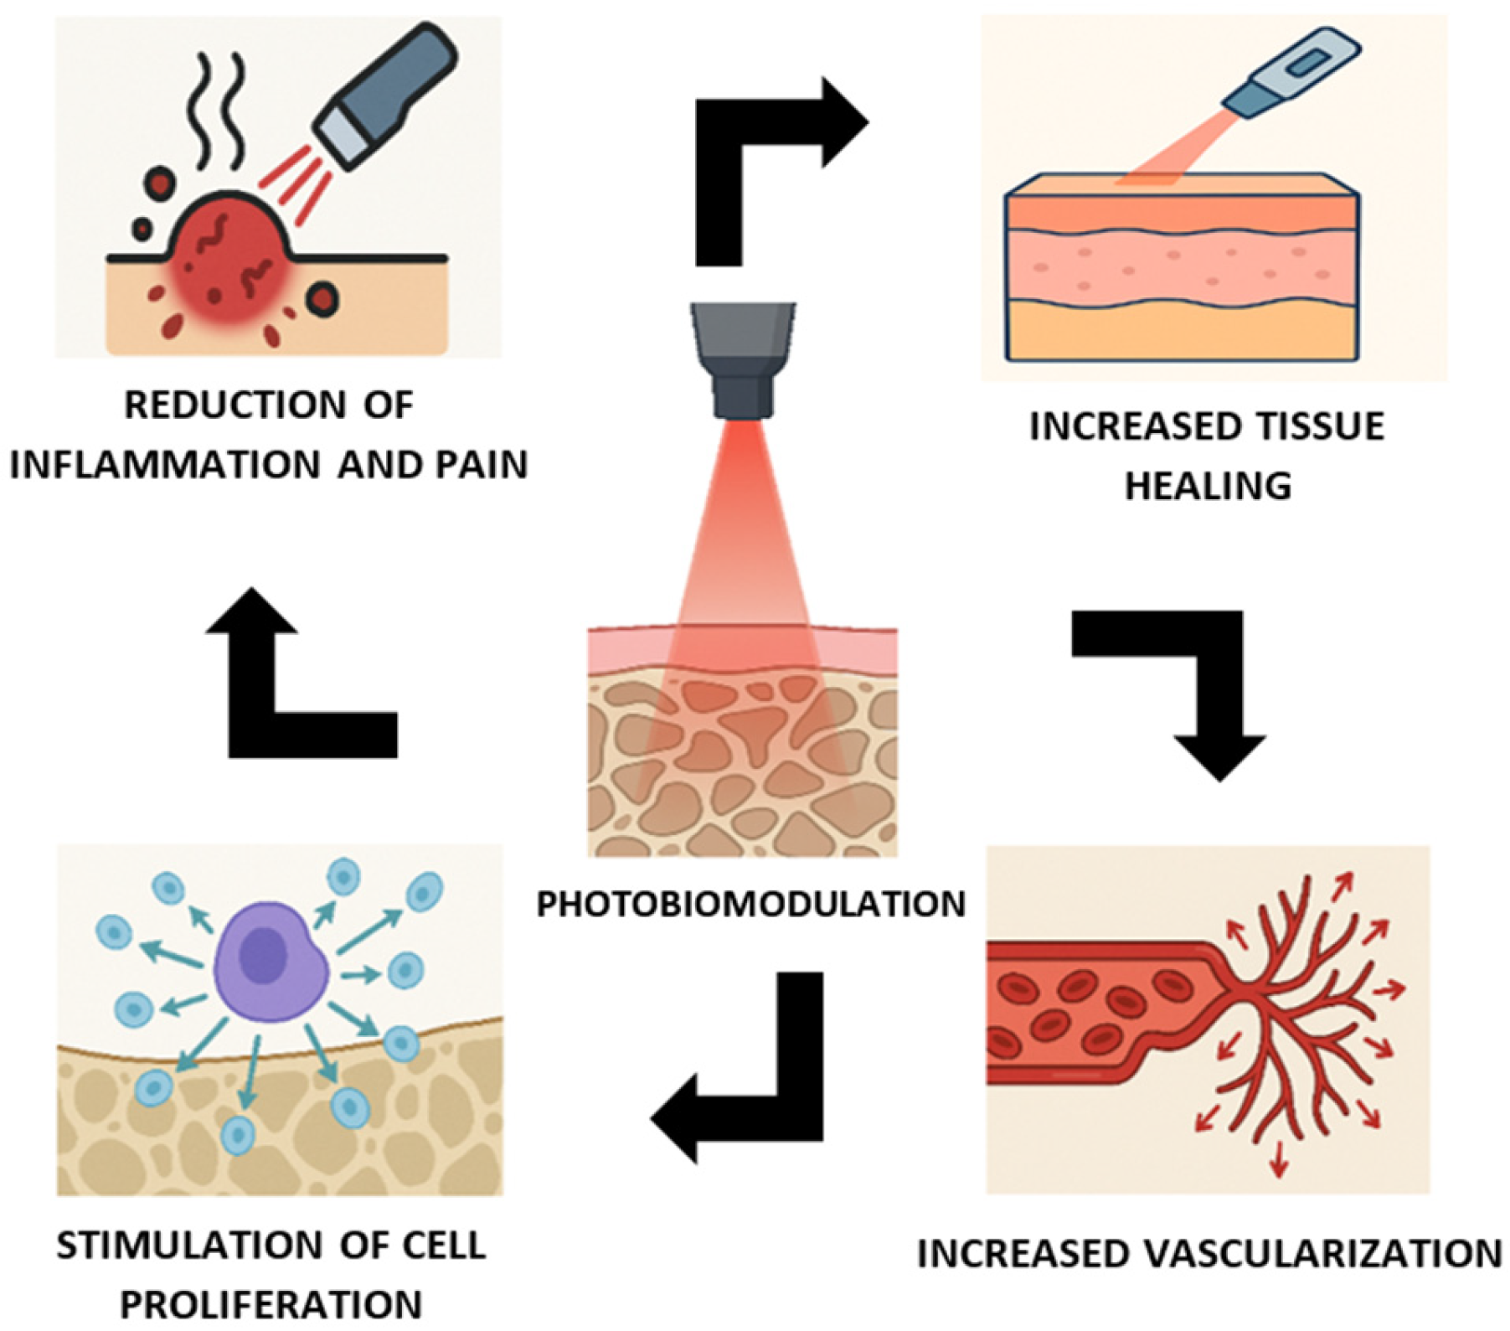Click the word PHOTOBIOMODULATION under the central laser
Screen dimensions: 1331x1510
(x=751, y=905)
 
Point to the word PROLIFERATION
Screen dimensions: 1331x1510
(x=271, y=1305)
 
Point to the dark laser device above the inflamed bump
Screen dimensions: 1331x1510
(x=385, y=92)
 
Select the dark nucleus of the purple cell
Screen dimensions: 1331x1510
(x=265, y=955)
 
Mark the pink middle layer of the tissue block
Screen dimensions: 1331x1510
(x=1181, y=264)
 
